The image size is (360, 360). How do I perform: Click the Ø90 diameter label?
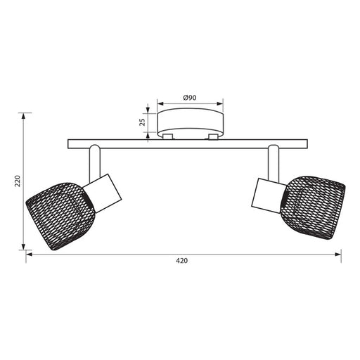pos(190,98)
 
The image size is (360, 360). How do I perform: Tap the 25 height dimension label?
pos(142,122)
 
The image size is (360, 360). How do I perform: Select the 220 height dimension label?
pos(18,181)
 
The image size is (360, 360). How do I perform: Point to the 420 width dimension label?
pos(182,261)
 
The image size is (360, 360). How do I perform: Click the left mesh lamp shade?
pos(60,215)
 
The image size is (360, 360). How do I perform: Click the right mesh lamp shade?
pos(313,207)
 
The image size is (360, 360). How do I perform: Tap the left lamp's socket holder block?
pos(103,193)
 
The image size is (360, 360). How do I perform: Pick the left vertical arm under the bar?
pos(95,163)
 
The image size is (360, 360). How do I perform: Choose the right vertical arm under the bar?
pos(274,163)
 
